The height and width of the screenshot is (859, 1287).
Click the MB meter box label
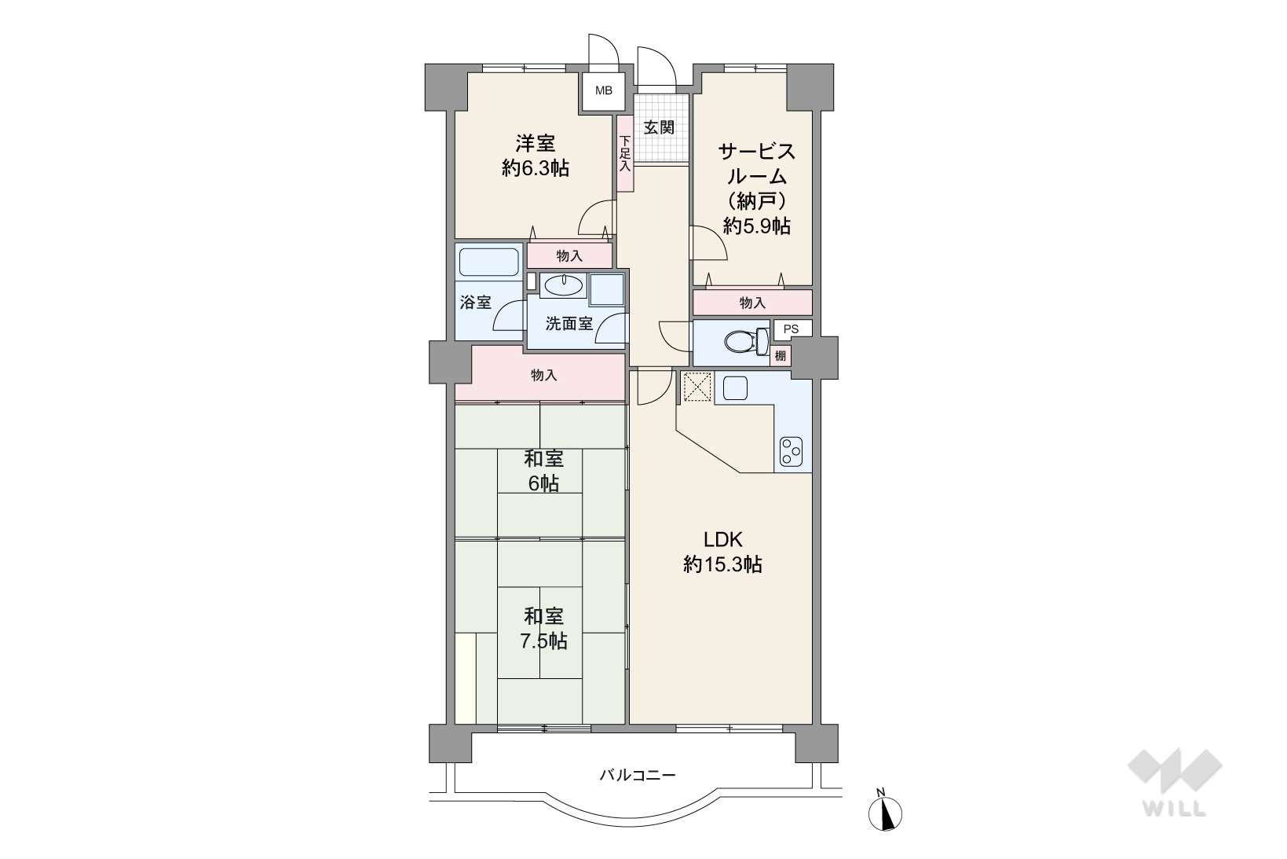click(x=603, y=90)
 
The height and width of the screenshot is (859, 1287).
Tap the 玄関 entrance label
click(x=659, y=127)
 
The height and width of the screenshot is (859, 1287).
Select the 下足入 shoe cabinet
click(x=625, y=153)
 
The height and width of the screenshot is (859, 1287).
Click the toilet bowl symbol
click(x=746, y=343)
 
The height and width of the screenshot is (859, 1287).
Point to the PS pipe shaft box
click(x=792, y=329)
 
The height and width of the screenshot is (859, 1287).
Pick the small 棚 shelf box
click(x=781, y=356)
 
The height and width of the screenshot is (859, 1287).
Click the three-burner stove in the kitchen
click(x=792, y=452)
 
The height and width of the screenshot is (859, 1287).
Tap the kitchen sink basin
click(x=735, y=388)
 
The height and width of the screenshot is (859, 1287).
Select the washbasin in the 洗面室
click(x=563, y=284)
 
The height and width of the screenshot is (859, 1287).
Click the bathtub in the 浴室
click(x=489, y=262)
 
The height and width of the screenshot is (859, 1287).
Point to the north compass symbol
click(x=885, y=813)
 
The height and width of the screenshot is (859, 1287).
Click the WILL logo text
click(x=1175, y=809)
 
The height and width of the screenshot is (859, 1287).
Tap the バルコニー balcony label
click(x=638, y=775)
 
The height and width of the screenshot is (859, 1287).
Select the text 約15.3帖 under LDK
click(x=722, y=564)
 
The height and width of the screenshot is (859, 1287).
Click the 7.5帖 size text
click(x=543, y=641)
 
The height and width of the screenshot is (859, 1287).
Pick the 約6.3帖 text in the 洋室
click(x=536, y=168)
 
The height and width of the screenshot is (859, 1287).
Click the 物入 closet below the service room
click(x=752, y=303)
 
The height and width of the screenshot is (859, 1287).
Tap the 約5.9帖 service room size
click(x=757, y=226)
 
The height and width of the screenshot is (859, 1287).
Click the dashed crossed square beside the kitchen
click(x=697, y=387)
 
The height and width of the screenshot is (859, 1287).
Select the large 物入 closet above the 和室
click(x=540, y=376)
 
